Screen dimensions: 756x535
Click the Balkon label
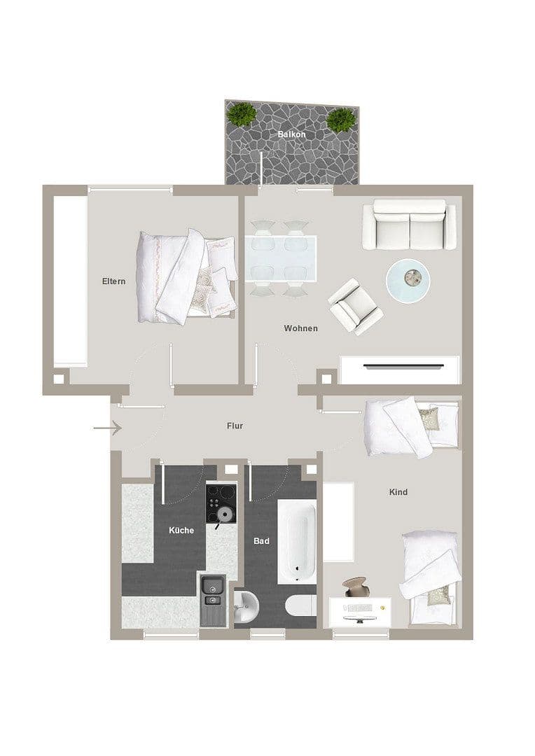[291, 134]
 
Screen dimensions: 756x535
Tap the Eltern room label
[113, 281]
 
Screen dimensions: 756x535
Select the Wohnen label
[300, 328]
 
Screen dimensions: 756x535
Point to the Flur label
[235, 425]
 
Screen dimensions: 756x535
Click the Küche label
[181, 530]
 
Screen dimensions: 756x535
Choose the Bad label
[261, 541]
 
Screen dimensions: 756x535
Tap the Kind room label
[398, 492]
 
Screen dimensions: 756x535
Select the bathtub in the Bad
[298, 540]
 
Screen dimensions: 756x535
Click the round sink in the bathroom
[246, 603]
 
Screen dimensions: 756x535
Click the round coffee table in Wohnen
[408, 280]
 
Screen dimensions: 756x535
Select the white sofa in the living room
[404, 224]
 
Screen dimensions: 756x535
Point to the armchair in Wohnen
[355, 305]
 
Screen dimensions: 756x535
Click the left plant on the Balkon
[242, 113]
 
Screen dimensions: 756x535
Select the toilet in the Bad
[301, 606]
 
